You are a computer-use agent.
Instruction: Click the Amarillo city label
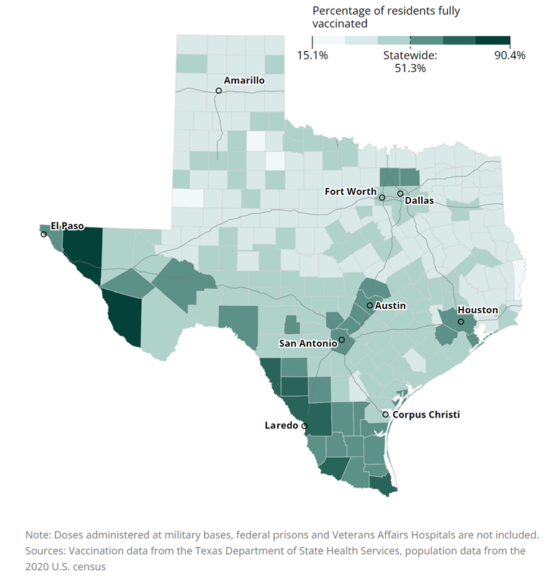pyautogui.click(x=244, y=81)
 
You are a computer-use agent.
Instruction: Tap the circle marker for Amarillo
pyautogui.click(x=218, y=91)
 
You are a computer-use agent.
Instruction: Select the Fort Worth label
pyautogui.click(x=351, y=192)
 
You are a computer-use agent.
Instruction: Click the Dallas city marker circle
pyautogui.click(x=400, y=194)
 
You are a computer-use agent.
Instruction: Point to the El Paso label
pyautogui.click(x=67, y=225)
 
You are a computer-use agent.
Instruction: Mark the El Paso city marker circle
pyautogui.click(x=44, y=234)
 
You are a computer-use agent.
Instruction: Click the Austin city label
pyautogui.click(x=390, y=306)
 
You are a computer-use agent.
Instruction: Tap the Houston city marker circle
pyautogui.click(x=461, y=322)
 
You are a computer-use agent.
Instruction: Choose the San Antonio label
pyautogui.click(x=308, y=343)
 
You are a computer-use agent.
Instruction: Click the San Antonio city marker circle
pyautogui.click(x=342, y=340)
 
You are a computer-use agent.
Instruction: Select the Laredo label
pyautogui.click(x=281, y=425)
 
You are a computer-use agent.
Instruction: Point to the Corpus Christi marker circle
pyautogui.click(x=386, y=415)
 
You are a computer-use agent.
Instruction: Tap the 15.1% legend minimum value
pyautogui.click(x=312, y=55)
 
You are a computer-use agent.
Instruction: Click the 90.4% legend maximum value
pyautogui.click(x=509, y=55)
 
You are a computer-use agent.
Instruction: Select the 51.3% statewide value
pyautogui.click(x=410, y=68)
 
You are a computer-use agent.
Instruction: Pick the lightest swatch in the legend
pyautogui.click(x=328, y=41)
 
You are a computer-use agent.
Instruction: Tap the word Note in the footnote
pyautogui.click(x=37, y=535)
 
